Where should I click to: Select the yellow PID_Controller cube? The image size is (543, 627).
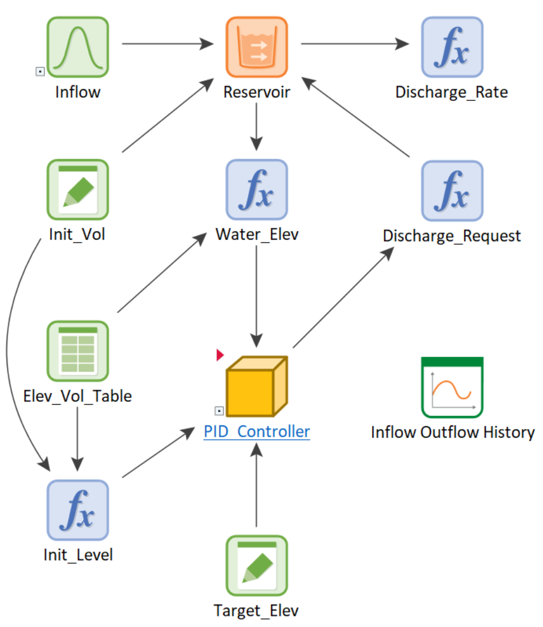pyautogui.click(x=257, y=387)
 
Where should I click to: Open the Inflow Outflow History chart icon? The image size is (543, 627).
pyautogui.click(x=452, y=387)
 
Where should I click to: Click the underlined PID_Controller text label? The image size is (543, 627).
pyautogui.click(x=257, y=432)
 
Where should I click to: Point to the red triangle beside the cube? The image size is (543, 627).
pyautogui.click(x=220, y=355)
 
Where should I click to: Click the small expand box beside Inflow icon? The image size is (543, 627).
pyautogui.click(x=40, y=71)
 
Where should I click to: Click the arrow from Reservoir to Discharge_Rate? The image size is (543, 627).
pyautogui.click(x=353, y=44)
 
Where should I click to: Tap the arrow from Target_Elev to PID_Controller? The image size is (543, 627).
pyautogui.click(x=256, y=483)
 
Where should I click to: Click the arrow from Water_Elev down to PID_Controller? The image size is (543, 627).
pyautogui.click(x=256, y=295)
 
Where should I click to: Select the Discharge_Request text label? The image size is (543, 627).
pyautogui.click(x=452, y=236)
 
